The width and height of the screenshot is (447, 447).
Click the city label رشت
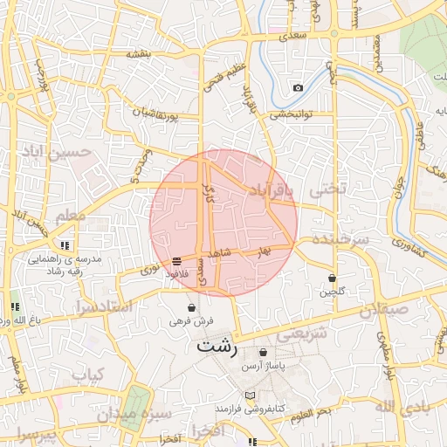click(x=217, y=347)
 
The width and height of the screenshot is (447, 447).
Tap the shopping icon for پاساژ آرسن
click(x=263, y=352)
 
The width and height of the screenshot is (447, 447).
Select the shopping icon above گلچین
click(x=332, y=278)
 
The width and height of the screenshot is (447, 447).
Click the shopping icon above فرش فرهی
click(x=191, y=307)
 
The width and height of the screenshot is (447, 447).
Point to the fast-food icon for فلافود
click(x=177, y=261)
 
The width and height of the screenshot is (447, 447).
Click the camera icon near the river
click(x=298, y=88)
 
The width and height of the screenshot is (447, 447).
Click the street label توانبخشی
click(x=291, y=113)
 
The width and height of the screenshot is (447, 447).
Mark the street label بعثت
click(x=139, y=54)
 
